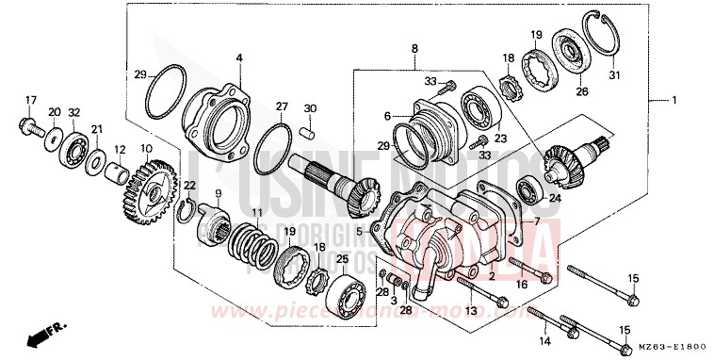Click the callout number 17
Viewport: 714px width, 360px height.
point(29,100)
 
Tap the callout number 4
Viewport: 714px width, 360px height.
point(239,58)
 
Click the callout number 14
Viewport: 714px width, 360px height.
point(544,338)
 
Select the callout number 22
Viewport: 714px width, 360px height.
point(190,185)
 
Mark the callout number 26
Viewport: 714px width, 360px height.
point(581,91)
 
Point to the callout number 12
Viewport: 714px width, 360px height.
point(120,149)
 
